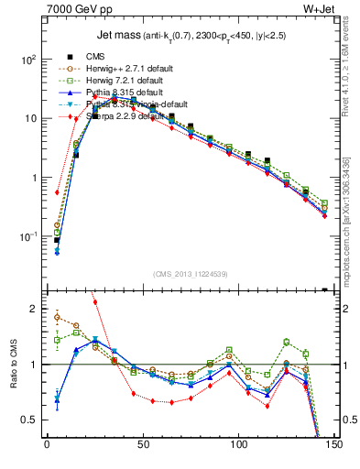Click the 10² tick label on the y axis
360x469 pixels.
tap(29, 60)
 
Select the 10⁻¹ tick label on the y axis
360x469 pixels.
tap(28, 236)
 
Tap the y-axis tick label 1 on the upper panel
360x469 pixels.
tap(35, 178)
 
